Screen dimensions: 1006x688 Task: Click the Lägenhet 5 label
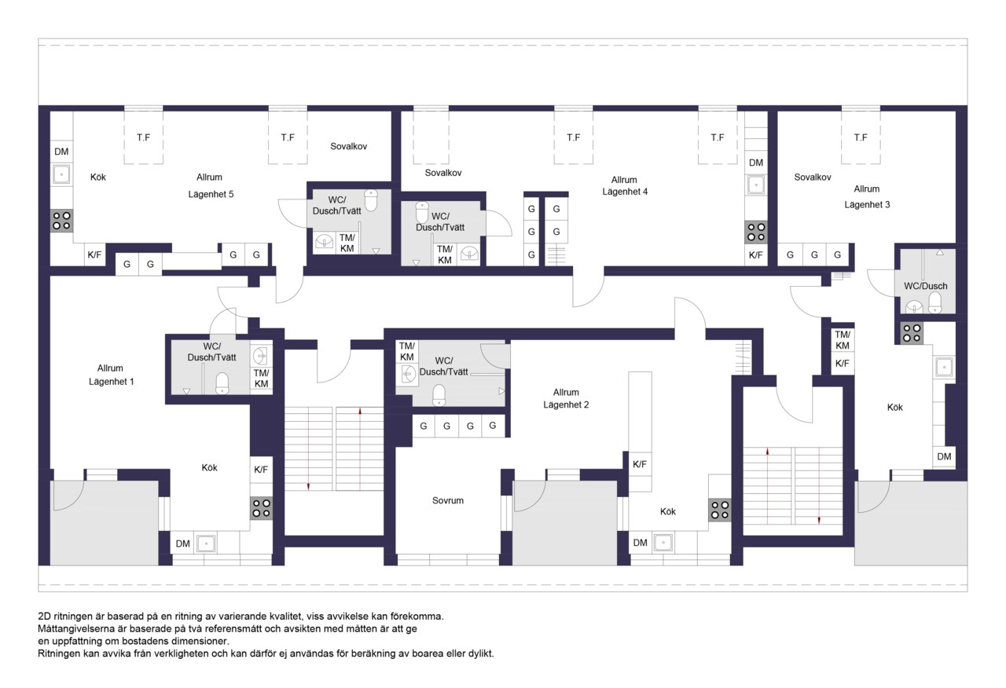(211, 194)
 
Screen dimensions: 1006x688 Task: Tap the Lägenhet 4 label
(625, 192)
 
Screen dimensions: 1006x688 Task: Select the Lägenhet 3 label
(867, 205)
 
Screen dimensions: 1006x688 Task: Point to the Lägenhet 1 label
(111, 382)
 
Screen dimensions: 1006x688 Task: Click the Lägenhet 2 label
(566, 404)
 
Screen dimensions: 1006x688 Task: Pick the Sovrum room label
(448, 500)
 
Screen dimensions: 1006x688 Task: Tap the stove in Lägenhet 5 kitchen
(61, 221)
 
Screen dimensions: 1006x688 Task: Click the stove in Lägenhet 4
(756, 232)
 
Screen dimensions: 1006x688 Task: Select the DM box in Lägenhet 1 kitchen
(182, 543)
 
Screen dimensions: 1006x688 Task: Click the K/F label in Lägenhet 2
(640, 464)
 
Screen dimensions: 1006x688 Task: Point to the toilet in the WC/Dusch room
(934, 303)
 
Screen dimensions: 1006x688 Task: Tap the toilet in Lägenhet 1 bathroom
(222, 384)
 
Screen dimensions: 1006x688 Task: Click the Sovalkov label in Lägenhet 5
(348, 146)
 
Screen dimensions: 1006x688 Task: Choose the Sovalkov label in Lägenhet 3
(813, 177)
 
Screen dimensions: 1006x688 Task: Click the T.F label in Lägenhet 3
(861, 137)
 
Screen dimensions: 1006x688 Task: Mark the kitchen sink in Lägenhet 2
(663, 543)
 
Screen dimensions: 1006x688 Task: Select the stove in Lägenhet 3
(912, 333)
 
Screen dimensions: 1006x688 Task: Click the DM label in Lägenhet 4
(756, 163)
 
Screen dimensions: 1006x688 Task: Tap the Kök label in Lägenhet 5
(98, 177)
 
